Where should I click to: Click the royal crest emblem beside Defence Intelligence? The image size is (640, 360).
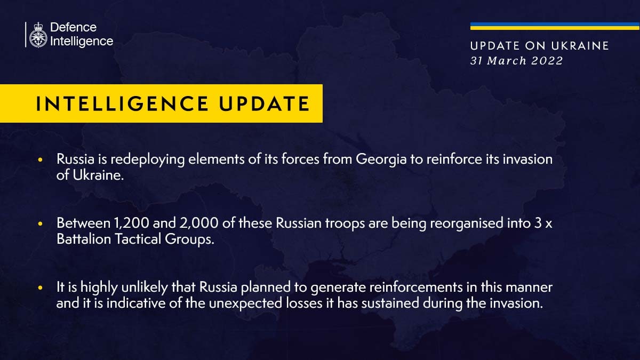pyautogui.click(x=37, y=35)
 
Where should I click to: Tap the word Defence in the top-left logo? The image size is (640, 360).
pyautogui.click(x=73, y=28)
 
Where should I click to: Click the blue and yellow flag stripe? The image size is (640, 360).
pyautogui.click(x=555, y=26)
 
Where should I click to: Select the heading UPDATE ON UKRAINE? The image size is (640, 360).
pyautogui.click(x=539, y=46)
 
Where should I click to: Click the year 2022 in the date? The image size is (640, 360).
pyautogui.click(x=547, y=61)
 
